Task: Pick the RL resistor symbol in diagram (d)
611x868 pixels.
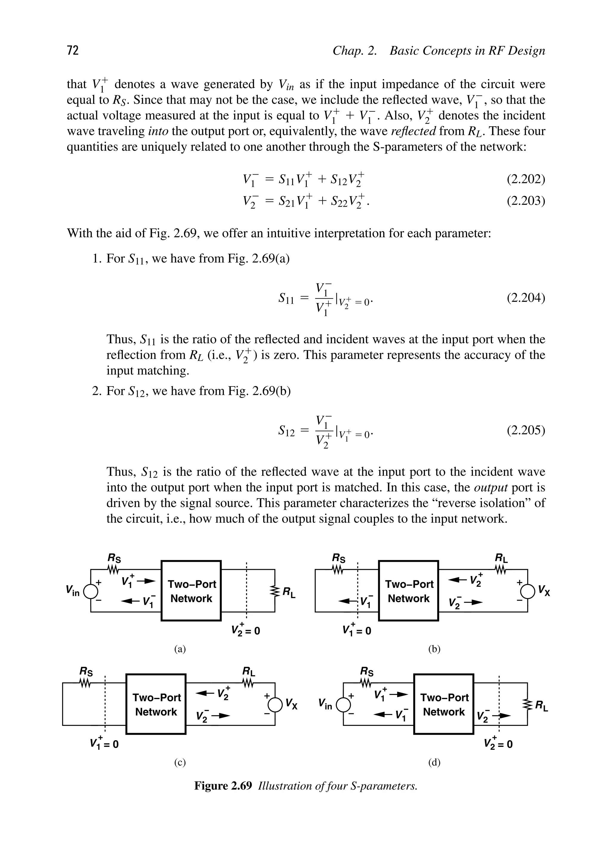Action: point(527,704)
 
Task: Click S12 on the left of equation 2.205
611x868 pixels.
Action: point(286,431)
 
